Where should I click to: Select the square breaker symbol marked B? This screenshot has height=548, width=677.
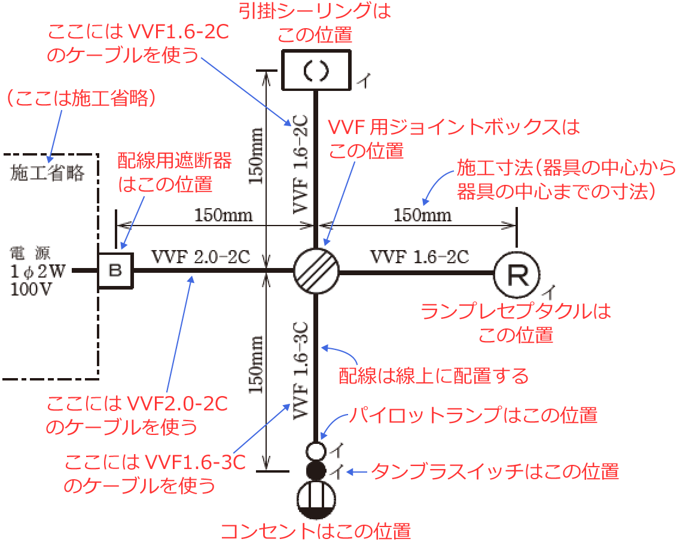pyautogui.click(x=115, y=270)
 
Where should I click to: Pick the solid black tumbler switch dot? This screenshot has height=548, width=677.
pyautogui.click(x=315, y=470)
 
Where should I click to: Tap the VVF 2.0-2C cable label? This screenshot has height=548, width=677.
pyautogui.click(x=200, y=257)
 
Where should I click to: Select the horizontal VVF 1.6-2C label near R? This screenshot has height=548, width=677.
pyautogui.click(x=420, y=257)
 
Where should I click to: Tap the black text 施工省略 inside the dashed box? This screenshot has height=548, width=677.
pyautogui.click(x=47, y=173)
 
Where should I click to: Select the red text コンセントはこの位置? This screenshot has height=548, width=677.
pyautogui.click(x=316, y=531)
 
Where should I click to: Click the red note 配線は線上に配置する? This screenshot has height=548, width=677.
pyautogui.click(x=434, y=376)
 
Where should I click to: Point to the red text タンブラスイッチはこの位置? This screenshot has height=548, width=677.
pyautogui.click(x=495, y=471)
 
